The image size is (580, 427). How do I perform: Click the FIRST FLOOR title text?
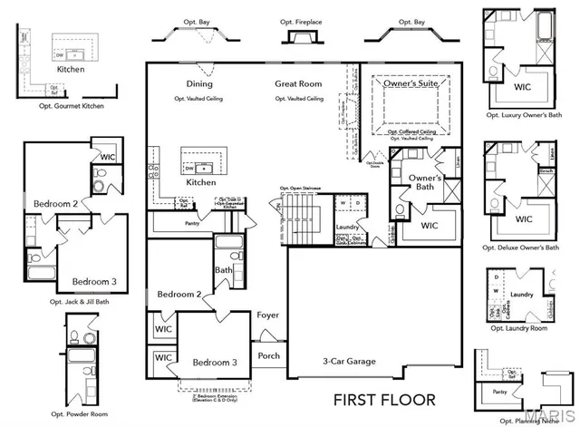point(384,399)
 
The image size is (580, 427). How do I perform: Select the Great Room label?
point(299,84)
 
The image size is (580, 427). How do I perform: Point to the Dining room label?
point(199,84)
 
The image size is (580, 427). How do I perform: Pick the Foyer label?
point(267,316)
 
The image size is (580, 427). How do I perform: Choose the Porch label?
point(269,356)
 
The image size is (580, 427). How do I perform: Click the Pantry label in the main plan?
point(191,222)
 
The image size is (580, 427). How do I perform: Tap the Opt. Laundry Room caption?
point(518,329)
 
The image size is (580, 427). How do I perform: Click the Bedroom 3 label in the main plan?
point(215,363)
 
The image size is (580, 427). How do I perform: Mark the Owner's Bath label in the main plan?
point(425,182)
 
